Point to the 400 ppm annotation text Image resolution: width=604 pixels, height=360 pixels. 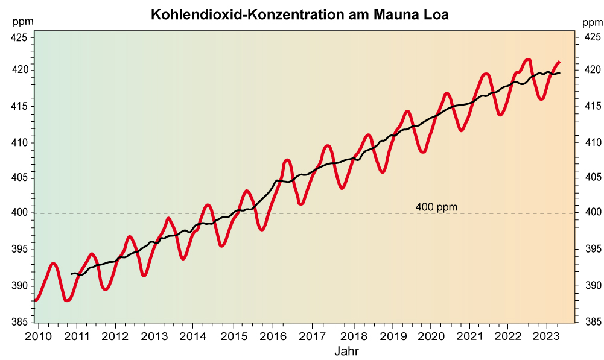[x=436, y=207]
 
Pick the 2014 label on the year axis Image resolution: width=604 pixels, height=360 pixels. [x=192, y=335]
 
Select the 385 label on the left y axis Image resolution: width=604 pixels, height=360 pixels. [x=19, y=321]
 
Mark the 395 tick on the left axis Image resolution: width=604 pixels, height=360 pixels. [x=19, y=249]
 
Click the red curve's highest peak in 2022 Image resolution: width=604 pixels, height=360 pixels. [x=528, y=59]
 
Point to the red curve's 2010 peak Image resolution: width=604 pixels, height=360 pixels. [x=54, y=264]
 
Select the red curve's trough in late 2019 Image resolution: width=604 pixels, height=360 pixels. [x=423, y=152]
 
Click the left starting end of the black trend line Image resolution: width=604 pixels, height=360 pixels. [x=72, y=274]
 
